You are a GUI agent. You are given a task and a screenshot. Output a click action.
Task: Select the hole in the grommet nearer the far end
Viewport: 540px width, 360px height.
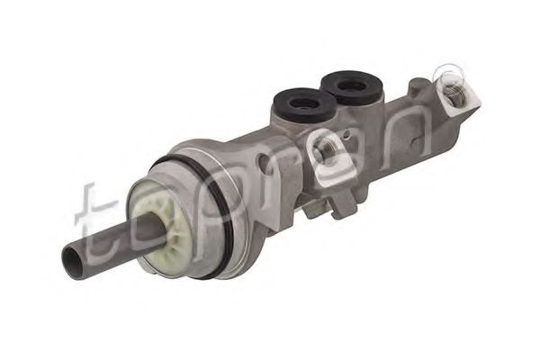pyautogui.click(x=352, y=85)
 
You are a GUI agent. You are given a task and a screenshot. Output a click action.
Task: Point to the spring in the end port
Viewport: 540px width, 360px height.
pyautogui.click(x=454, y=93)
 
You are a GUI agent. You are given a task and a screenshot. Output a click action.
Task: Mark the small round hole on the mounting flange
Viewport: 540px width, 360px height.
pyautogui.click(x=264, y=159)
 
